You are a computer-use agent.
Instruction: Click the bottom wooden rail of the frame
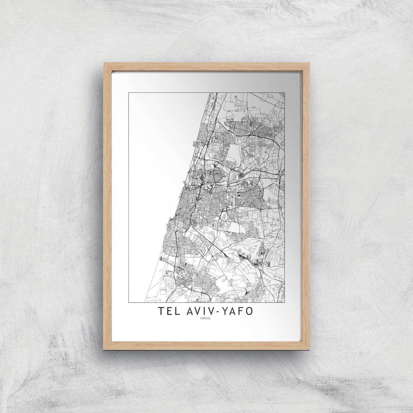click(206, 345)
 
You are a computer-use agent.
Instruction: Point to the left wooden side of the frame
click(106, 206)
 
